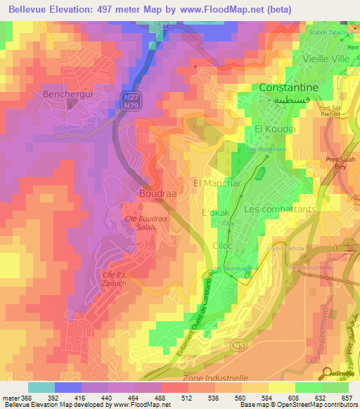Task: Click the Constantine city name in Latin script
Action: pyautogui.click(x=289, y=88)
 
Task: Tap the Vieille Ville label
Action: pyautogui.click(x=325, y=59)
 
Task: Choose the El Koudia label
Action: pyautogui.click(x=275, y=129)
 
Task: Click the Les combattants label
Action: pyautogui.click(x=280, y=209)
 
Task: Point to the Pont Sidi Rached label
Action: pyautogui.click(x=329, y=111)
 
